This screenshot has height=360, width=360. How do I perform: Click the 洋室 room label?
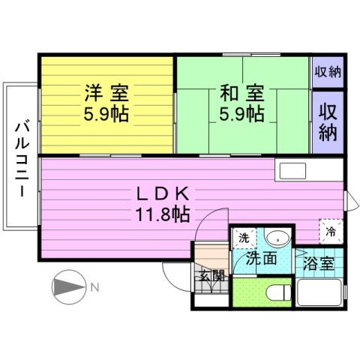tap(106, 94)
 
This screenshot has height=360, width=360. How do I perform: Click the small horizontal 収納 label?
tap(328, 72)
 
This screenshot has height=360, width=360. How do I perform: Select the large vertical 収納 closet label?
tap(328, 124)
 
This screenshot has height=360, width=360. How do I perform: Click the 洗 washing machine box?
tap(243, 238)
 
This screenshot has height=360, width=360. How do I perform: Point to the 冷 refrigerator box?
tap(331, 231)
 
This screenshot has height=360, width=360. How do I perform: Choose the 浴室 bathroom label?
tap(319, 264)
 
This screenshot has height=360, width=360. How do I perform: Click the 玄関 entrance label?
tap(211, 275)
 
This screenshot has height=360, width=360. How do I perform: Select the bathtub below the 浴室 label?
tap(319, 292)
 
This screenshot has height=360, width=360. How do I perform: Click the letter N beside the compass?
tap(94, 286)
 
